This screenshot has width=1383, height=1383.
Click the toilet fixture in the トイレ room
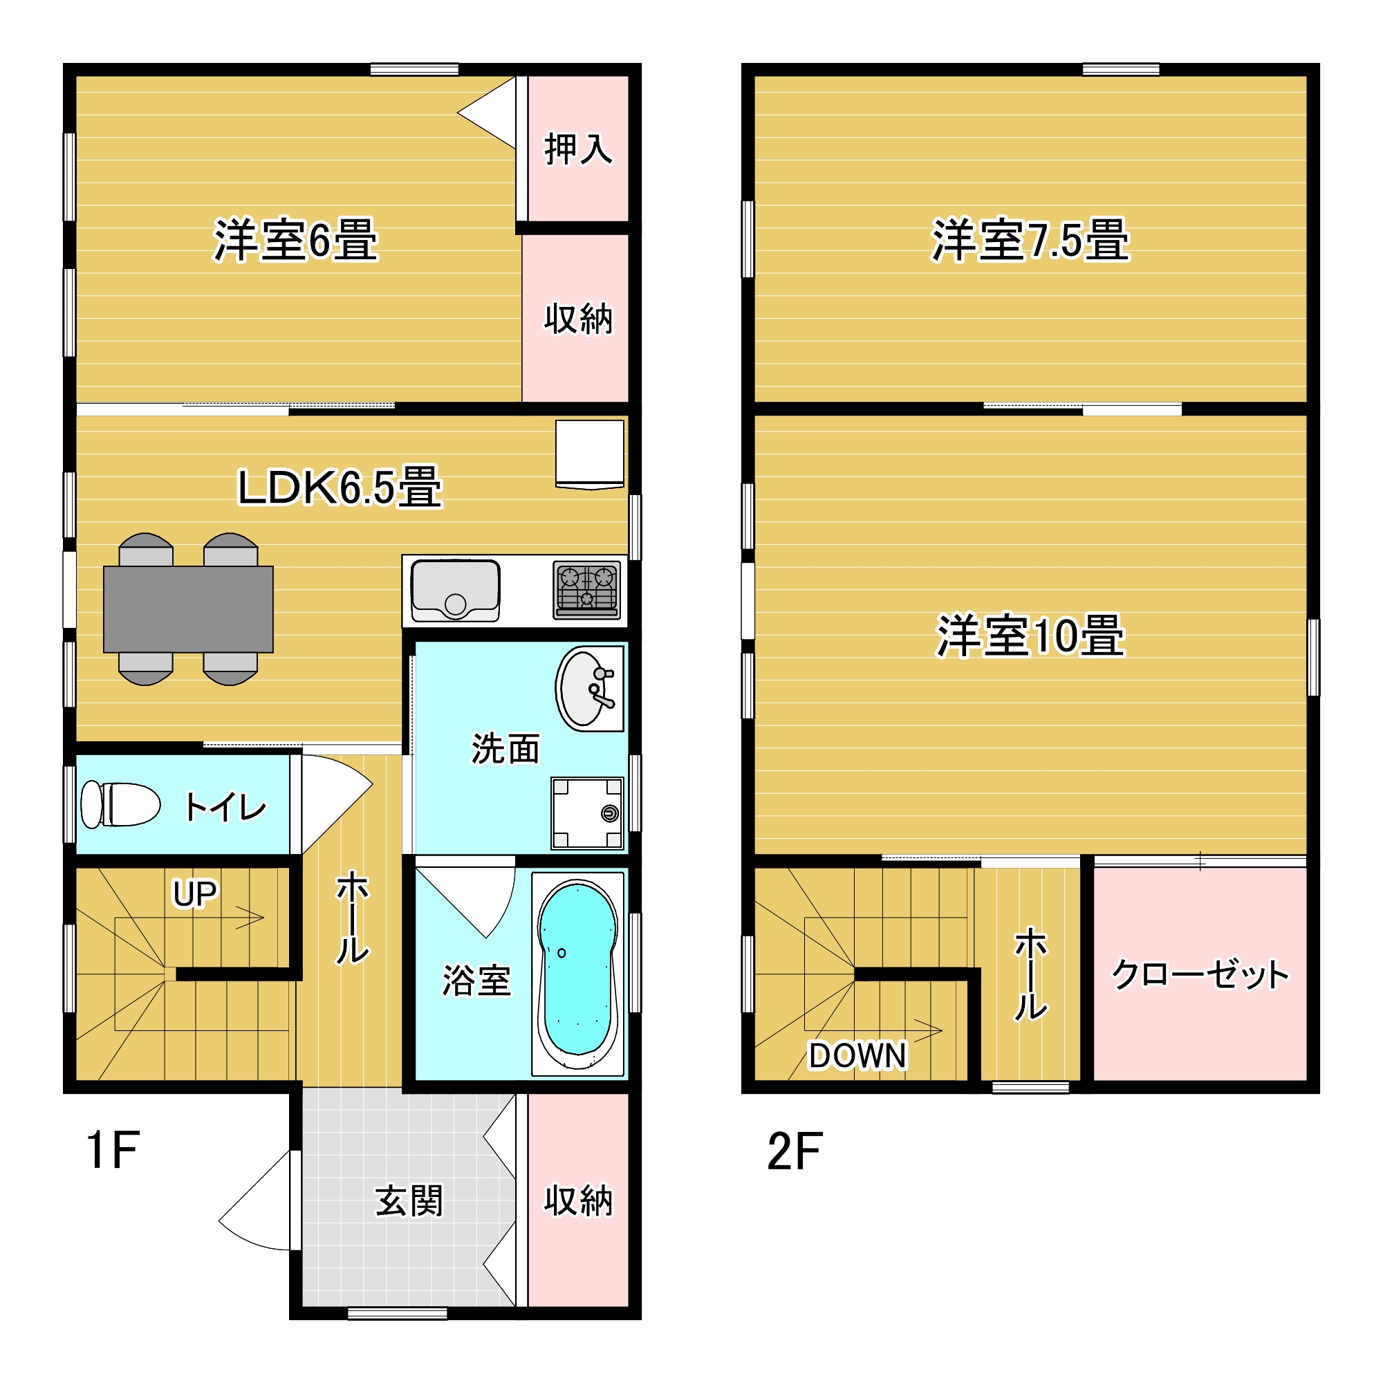point(120,805)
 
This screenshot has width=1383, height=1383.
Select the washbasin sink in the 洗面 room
point(589,688)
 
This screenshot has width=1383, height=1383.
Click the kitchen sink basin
point(455,591)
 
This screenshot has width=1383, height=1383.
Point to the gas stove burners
point(587,589)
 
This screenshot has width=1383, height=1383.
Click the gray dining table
point(188,609)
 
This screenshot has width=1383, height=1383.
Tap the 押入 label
point(578,149)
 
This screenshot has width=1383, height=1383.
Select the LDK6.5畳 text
point(340,487)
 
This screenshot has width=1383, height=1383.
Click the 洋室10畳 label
point(1030,635)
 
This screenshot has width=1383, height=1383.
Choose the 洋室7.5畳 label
point(1030,240)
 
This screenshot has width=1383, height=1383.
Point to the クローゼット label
point(1200,975)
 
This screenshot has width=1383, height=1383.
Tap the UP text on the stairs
point(195,893)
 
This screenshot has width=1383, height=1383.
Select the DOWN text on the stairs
point(857,1055)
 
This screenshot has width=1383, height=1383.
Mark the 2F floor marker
point(795,1151)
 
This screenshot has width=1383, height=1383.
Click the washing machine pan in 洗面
point(587,813)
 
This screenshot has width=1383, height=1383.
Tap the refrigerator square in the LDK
point(590,454)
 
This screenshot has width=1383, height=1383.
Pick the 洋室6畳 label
point(296,240)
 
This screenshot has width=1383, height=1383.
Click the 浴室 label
point(476,981)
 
